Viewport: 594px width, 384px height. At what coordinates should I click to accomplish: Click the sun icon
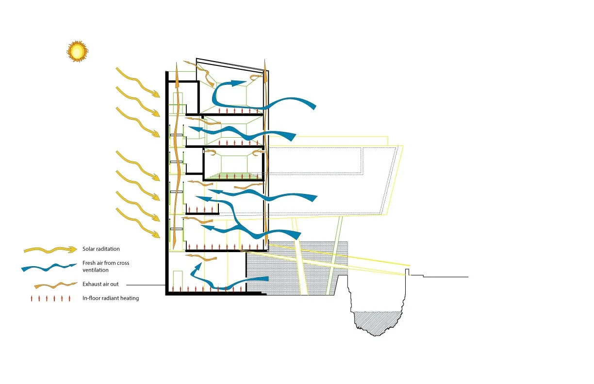(77, 51)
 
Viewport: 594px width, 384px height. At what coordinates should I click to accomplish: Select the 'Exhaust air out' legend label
(100, 284)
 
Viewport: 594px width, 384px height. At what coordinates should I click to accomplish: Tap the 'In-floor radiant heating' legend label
(111, 298)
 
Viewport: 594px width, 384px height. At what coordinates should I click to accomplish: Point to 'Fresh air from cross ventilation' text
(106, 266)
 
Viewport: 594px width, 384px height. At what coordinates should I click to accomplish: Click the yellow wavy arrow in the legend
(50, 250)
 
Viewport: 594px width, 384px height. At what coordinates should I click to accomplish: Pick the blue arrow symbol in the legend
(49, 267)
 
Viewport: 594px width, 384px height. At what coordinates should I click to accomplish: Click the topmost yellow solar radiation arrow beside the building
(138, 82)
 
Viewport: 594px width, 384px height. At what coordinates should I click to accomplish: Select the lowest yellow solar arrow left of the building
(138, 223)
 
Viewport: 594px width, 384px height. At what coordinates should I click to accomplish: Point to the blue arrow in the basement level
(228, 276)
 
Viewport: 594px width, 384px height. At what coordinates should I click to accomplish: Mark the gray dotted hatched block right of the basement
(296, 269)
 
